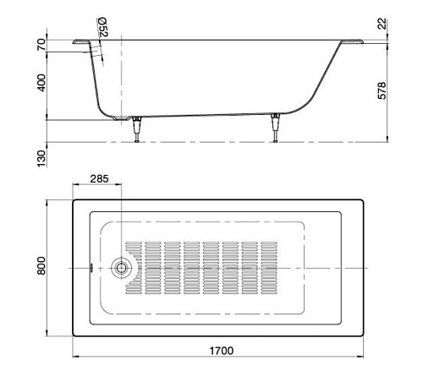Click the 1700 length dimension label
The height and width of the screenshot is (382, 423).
[220, 350]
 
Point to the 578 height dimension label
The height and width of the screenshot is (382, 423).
[381, 89]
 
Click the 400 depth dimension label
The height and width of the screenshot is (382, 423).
[40, 83]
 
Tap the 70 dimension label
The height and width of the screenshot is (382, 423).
[40, 44]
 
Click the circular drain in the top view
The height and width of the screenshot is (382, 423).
[122, 267]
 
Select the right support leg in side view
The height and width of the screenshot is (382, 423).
[274, 129]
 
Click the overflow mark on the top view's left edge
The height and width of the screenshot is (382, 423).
[91, 267]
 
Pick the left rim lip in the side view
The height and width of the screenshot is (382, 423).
[82, 39]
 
